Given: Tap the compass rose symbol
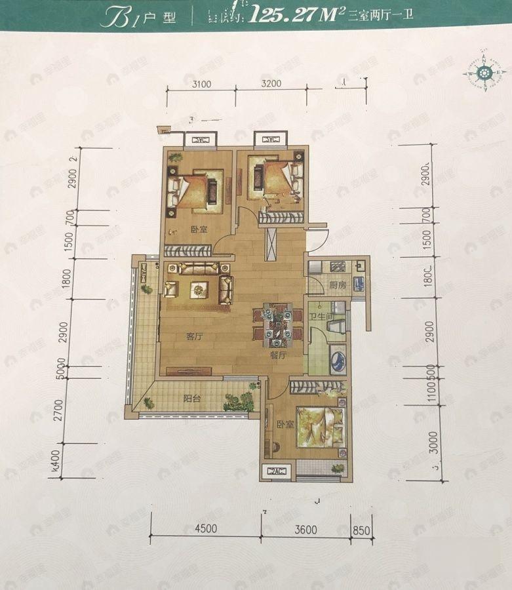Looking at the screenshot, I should [485, 71].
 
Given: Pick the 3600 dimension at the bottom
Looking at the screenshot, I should [305, 530].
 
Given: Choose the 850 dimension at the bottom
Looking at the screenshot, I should [362, 530].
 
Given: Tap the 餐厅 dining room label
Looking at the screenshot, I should [279, 356].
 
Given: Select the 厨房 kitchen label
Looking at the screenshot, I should [338, 285].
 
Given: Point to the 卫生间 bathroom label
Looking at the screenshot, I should [322, 317].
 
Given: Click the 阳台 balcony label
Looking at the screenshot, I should [192, 398].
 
